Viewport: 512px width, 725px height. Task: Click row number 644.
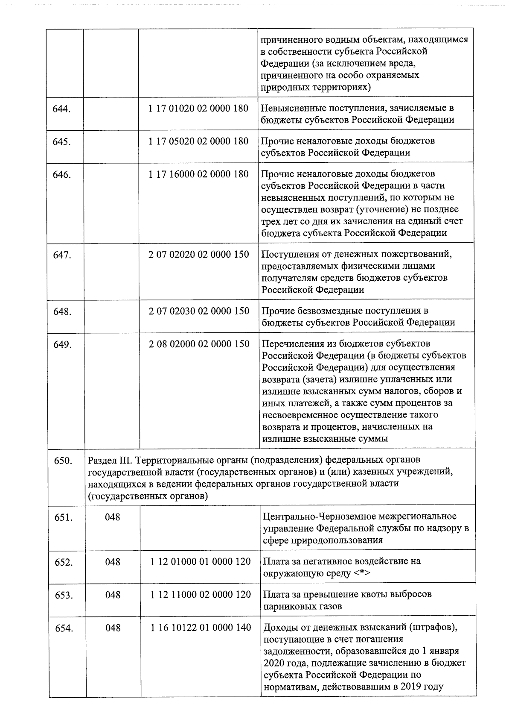61,109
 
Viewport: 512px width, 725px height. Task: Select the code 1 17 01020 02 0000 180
198,108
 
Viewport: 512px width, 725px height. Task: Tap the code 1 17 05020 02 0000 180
198,141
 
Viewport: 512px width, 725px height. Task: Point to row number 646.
61,175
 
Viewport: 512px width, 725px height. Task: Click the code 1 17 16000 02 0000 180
198,174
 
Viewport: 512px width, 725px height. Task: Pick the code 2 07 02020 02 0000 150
199,255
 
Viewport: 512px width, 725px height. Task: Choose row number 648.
62,312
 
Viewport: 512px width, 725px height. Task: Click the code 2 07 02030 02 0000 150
199,311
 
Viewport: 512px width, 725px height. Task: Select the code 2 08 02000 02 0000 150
199,344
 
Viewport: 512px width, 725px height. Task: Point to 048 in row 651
113,517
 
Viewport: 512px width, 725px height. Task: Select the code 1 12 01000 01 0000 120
201,561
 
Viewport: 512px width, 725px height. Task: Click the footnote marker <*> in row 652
361,573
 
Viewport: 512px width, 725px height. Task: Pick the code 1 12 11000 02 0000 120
201,595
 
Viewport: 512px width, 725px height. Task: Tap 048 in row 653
113,595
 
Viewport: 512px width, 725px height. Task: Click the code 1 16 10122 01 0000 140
201,628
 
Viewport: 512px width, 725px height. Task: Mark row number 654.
64,629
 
